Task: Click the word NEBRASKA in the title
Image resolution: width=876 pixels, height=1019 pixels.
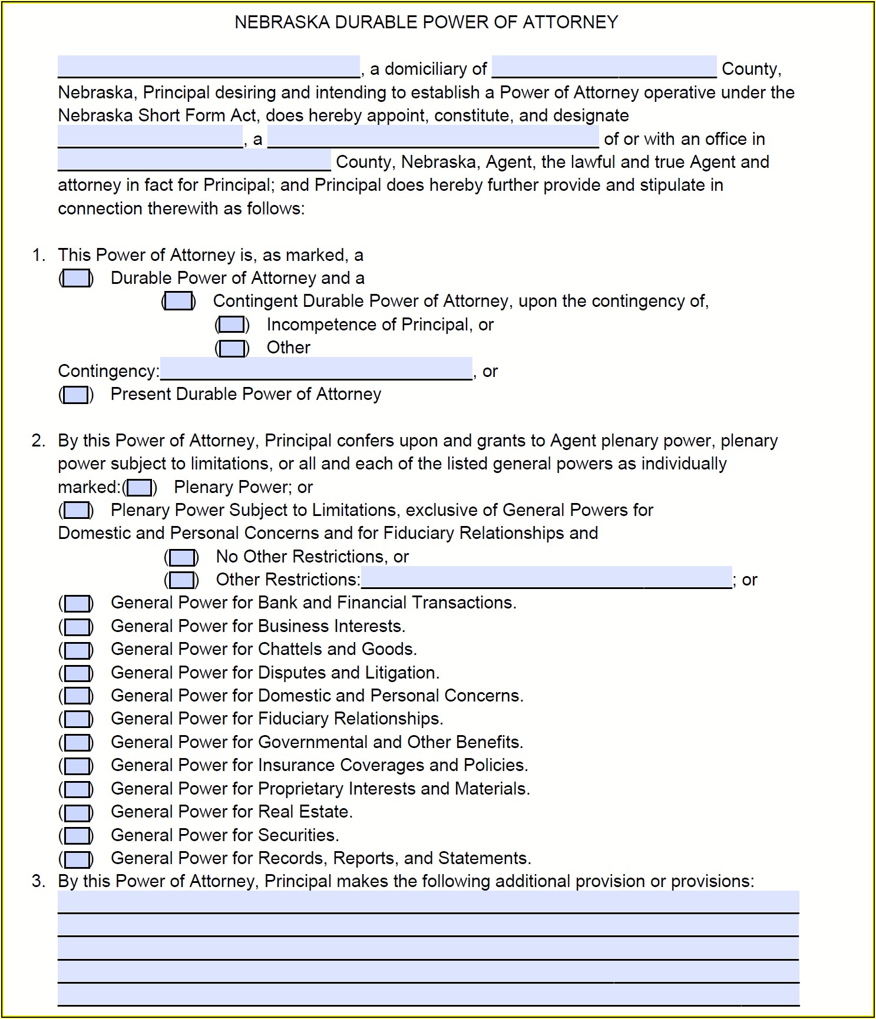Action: coord(282,22)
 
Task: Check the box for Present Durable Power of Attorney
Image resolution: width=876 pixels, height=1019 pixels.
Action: coord(76,395)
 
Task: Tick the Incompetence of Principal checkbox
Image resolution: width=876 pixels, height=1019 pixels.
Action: coord(232,325)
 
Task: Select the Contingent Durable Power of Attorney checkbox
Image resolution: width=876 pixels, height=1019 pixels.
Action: coord(178,302)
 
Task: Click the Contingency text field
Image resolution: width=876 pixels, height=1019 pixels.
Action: coord(316,369)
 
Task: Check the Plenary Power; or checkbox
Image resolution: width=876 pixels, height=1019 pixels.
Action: coord(140,488)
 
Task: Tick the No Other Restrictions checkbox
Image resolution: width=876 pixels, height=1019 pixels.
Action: coord(181,557)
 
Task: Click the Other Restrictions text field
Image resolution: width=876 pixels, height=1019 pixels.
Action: coord(546,578)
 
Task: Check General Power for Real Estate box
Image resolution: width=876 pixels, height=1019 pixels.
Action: coord(77,813)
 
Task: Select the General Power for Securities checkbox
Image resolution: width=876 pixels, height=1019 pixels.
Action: coord(77,836)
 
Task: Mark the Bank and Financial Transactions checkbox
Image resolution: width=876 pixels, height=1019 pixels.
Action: coord(77,604)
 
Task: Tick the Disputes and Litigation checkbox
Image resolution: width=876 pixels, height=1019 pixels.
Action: coord(77,673)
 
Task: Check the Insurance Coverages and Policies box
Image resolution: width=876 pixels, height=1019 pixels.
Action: coord(77,766)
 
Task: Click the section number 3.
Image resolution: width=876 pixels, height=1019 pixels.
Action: coord(38,881)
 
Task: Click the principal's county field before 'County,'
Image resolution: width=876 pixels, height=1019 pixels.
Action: coord(604,67)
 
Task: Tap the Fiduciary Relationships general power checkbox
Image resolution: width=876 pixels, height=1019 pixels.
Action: coord(77,720)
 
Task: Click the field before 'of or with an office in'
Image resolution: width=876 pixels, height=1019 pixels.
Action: coord(433,137)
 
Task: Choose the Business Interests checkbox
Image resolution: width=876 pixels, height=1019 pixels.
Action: coord(77,627)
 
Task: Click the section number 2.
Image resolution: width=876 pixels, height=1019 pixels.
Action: coord(38,441)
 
